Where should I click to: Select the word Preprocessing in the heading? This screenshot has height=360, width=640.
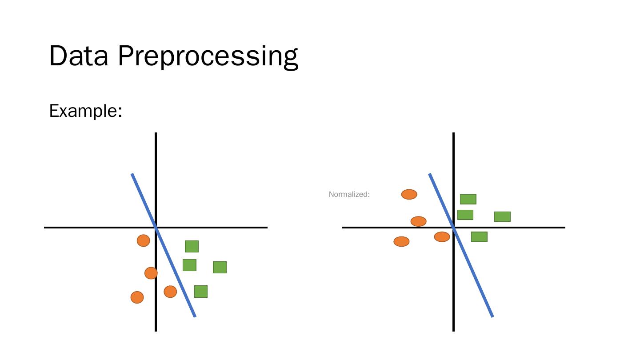(x=208, y=57)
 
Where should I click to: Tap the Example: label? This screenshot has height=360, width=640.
(x=85, y=110)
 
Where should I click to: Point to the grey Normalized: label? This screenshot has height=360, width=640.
(x=349, y=194)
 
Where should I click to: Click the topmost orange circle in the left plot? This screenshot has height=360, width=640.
(x=143, y=240)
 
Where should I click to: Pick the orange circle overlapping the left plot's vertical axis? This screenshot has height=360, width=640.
(x=151, y=273)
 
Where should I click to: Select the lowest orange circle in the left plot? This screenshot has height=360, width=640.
(x=137, y=297)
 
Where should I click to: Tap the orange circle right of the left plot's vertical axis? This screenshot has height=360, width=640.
(x=170, y=292)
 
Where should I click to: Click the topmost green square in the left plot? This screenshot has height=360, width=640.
(x=192, y=246)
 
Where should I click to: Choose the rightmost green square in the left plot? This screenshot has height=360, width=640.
(x=220, y=267)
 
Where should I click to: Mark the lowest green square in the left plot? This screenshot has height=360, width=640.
(x=201, y=292)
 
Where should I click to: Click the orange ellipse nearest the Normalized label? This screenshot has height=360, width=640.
(x=409, y=194)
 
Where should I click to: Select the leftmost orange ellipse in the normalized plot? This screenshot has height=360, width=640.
(x=401, y=241)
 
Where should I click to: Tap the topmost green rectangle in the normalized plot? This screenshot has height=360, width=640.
(x=468, y=199)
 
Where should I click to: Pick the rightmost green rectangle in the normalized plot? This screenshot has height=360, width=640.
(x=502, y=216)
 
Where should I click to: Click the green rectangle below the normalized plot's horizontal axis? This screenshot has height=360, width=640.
(x=479, y=236)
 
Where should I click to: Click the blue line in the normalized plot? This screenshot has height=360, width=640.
(x=478, y=284)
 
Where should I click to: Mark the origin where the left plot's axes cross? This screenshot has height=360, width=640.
(x=156, y=228)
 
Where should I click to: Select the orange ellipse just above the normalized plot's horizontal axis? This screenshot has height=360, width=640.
(x=418, y=221)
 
